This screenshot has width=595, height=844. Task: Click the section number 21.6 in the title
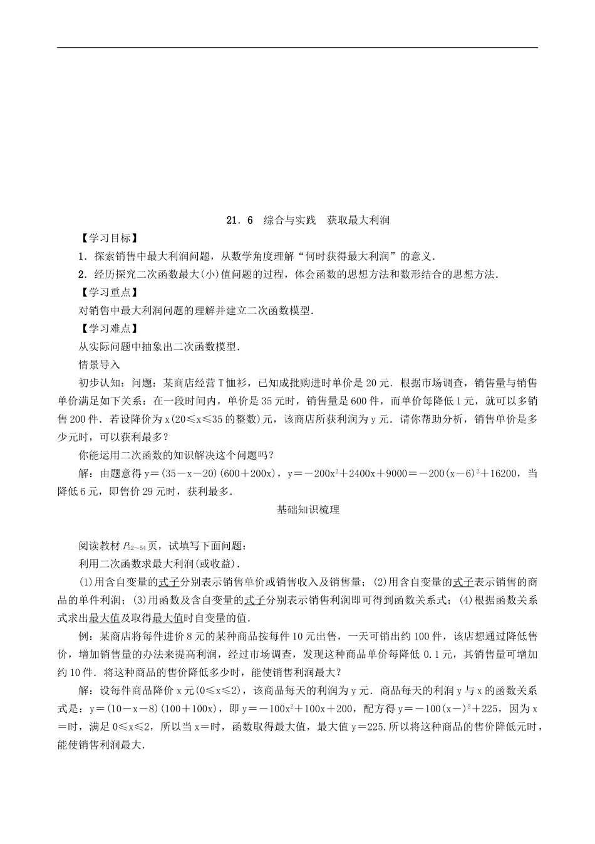(239, 220)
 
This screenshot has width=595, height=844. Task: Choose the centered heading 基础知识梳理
(308, 510)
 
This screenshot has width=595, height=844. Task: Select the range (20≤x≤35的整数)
(204, 419)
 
